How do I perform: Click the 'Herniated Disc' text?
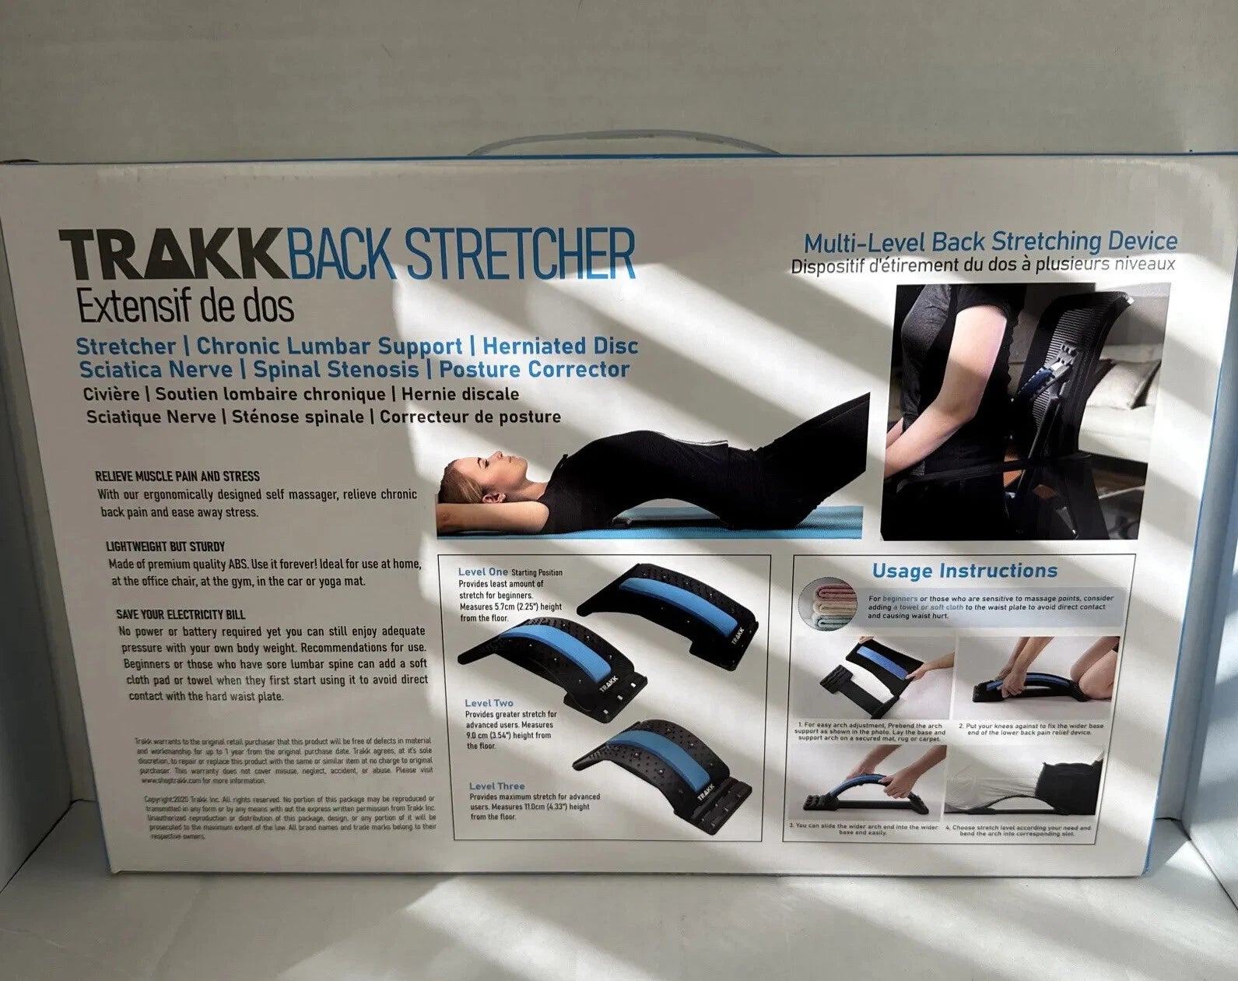tap(560, 346)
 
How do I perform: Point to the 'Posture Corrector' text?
tap(535, 369)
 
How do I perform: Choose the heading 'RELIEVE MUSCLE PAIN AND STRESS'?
tap(177, 476)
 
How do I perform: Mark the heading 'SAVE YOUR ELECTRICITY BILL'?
tap(181, 614)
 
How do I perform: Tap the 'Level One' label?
tap(482, 572)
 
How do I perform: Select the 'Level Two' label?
tap(489, 703)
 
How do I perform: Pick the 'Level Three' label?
tap(496, 786)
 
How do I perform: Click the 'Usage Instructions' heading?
tap(964, 571)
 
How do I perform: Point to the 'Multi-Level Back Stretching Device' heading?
tap(990, 242)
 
